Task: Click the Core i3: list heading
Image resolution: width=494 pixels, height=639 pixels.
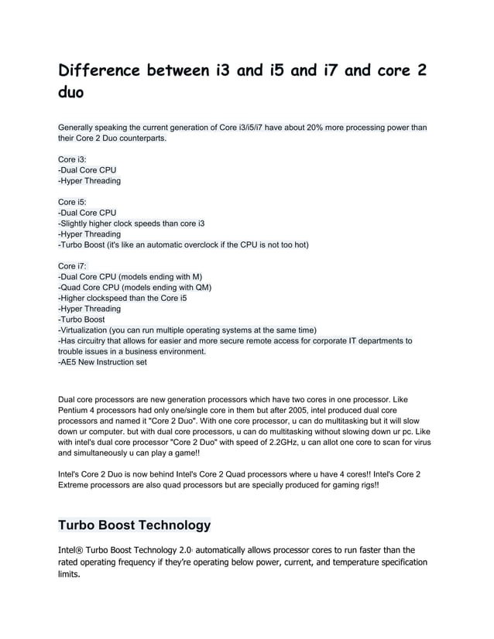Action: click(x=73, y=159)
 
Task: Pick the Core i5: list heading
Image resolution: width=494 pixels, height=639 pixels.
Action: click(x=73, y=202)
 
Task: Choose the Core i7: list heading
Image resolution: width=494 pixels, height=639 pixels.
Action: click(x=73, y=266)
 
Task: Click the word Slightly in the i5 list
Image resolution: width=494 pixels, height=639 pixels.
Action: click(x=79, y=224)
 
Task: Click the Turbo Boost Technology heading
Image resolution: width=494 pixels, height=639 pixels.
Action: click(x=134, y=525)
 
